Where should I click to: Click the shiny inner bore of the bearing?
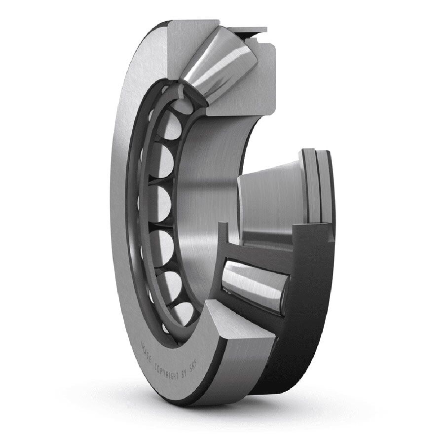point(197,197)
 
